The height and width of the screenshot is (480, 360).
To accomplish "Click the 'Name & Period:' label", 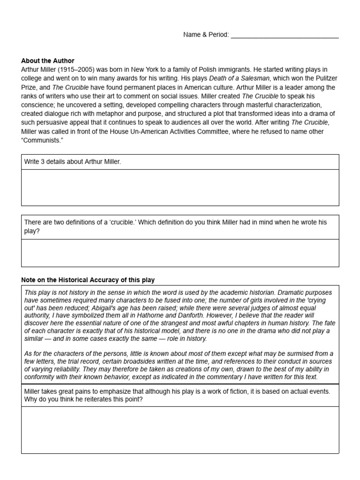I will pyautogui.click(x=206, y=35).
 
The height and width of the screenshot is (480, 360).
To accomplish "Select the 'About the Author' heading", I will pyautogui.click(x=48, y=61).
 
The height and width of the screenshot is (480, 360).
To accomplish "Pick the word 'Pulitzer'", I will pyautogui.click(x=322, y=78).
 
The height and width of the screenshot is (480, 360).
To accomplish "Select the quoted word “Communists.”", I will pyautogui.click(x=42, y=141).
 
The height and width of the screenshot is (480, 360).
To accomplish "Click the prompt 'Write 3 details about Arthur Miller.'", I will pyautogui.click(x=73, y=162).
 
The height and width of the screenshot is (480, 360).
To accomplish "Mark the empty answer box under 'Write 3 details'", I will pyautogui.click(x=180, y=187).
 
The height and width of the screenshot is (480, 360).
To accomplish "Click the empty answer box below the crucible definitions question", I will pyautogui.click(x=180, y=253).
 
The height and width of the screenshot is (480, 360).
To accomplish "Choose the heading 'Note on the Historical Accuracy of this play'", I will pyautogui.click(x=88, y=280).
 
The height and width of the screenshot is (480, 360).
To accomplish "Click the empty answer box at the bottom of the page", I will pyautogui.click(x=180, y=429).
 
